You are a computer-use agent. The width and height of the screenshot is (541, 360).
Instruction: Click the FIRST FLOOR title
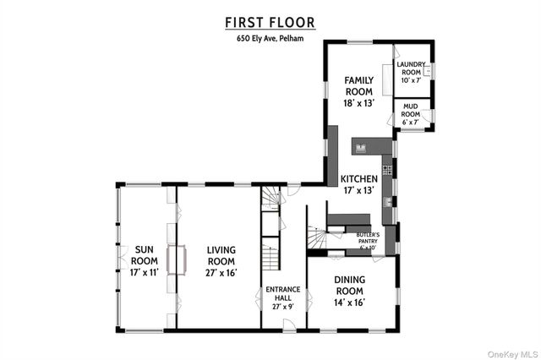point(270,22)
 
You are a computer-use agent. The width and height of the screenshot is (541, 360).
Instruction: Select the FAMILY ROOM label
point(358,85)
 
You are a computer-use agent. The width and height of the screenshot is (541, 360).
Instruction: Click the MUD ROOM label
point(411,110)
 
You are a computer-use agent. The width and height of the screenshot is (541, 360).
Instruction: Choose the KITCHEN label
point(358,179)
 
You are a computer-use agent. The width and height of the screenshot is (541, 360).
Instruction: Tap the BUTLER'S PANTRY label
point(367,234)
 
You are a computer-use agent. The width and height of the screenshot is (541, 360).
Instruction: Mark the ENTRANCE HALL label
point(283,293)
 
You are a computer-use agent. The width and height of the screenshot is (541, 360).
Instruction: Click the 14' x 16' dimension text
point(348,303)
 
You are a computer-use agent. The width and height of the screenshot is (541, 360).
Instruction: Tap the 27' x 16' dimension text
point(221,273)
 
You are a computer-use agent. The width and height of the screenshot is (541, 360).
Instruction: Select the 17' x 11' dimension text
point(146,273)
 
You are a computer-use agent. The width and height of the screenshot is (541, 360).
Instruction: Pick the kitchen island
point(373,148)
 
